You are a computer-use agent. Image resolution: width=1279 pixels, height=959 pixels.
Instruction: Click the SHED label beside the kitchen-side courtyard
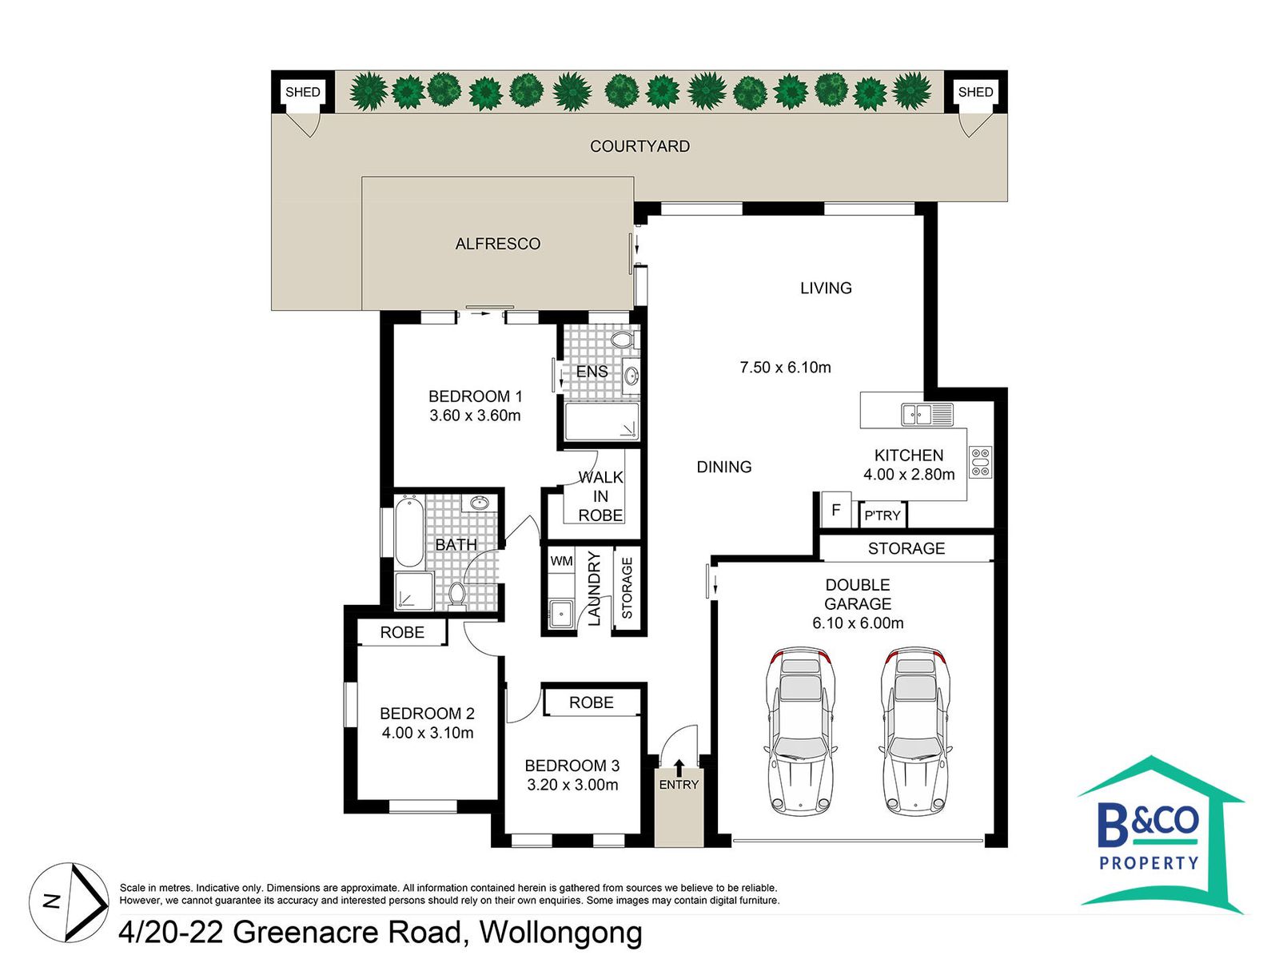(974, 92)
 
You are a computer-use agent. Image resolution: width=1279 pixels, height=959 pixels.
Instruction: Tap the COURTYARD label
(639, 146)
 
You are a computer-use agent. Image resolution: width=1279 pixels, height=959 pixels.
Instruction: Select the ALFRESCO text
(498, 244)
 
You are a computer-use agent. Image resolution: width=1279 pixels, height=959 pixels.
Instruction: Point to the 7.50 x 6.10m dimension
(785, 367)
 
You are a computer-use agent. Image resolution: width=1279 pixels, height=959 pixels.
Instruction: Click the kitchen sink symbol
(927, 415)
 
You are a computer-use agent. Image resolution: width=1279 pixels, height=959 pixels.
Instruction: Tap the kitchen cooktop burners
(980, 463)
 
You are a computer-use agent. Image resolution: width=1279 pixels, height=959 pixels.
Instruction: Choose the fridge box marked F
(836, 510)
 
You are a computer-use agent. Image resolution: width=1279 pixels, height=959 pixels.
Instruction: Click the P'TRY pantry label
(883, 515)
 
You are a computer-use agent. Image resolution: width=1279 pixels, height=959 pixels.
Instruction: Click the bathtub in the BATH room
(409, 531)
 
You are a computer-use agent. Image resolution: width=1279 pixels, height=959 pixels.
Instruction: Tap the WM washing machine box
(561, 561)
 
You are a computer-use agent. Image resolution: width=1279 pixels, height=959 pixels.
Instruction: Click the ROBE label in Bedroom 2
(402, 632)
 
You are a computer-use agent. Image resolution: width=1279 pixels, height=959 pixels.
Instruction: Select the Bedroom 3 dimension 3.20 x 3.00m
(572, 784)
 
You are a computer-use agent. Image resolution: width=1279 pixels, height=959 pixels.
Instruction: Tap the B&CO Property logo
(1160, 834)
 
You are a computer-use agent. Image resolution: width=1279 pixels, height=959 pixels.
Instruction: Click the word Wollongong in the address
(560, 932)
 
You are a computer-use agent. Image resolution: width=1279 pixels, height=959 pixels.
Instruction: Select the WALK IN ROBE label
(600, 496)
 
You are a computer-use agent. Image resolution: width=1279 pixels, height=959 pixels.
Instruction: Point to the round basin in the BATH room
(480, 503)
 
